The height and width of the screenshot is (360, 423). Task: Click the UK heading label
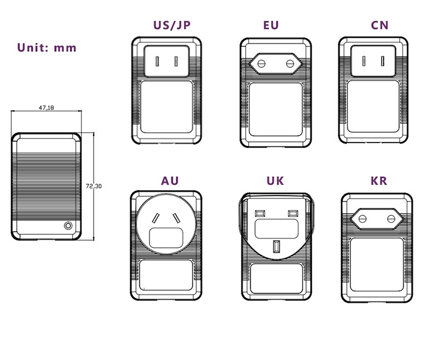point(275,181)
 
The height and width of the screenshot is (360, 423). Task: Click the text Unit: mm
point(47,48)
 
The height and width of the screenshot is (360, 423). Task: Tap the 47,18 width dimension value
point(46,108)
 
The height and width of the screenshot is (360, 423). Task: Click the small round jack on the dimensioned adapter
point(68,226)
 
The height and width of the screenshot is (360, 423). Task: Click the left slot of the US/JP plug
point(157,61)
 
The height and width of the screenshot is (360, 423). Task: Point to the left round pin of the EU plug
point(260,63)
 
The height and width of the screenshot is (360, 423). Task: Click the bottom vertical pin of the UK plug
point(276,246)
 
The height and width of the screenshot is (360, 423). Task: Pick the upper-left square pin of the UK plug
point(260,213)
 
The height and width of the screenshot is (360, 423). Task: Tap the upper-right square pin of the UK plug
point(292,213)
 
